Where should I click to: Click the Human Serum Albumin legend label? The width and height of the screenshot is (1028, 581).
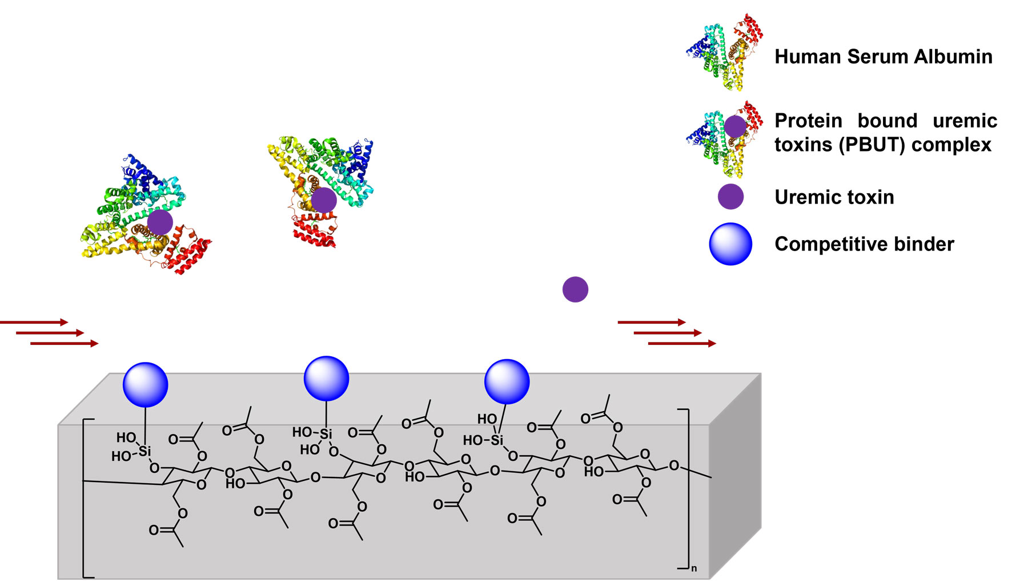(x=883, y=57)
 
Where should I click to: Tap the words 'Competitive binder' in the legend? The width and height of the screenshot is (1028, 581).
(x=864, y=244)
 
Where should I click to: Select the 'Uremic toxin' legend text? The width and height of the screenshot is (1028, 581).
(x=834, y=197)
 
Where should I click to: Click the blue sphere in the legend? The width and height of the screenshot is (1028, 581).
(x=730, y=244)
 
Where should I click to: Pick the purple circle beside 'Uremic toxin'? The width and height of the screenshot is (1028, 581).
(x=730, y=197)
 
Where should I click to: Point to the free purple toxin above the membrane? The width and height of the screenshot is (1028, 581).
(x=575, y=289)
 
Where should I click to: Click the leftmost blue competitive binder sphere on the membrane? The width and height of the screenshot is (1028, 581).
(x=146, y=384)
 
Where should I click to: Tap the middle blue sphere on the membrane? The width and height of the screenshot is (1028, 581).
(x=326, y=379)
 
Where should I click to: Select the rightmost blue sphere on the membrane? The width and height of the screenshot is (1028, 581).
(x=507, y=381)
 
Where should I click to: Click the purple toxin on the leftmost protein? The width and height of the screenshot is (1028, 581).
(x=160, y=222)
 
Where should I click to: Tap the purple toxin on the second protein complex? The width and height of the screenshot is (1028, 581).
(x=324, y=200)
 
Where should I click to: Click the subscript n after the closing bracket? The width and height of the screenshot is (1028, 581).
(x=694, y=568)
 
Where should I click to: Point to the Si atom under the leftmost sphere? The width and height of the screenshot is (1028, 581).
(x=145, y=451)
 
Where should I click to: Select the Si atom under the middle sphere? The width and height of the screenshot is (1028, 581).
(x=326, y=434)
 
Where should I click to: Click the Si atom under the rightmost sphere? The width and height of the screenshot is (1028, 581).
(x=497, y=440)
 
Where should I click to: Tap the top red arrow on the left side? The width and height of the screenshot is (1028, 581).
(x=34, y=323)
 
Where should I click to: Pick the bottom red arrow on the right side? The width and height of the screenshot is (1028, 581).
(x=682, y=344)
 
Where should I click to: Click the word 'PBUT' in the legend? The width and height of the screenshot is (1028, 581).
(x=874, y=145)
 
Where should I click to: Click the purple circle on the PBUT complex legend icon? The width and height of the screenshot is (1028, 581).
(x=735, y=126)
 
